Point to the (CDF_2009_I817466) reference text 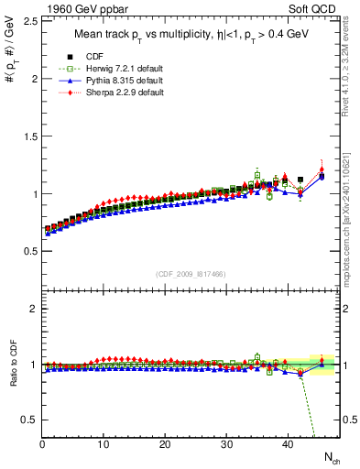pos(191,274)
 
